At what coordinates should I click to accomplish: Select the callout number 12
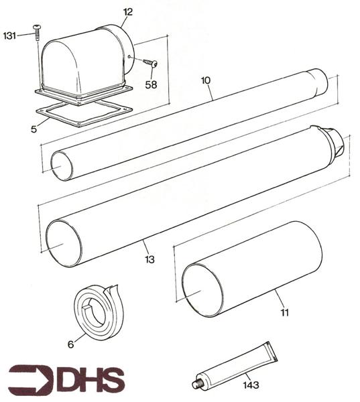click(128, 11)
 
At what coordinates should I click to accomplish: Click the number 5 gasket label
click(34, 129)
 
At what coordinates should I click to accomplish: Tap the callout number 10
click(206, 80)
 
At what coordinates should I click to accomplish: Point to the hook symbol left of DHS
click(31, 379)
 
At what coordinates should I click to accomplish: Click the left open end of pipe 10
click(62, 165)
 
